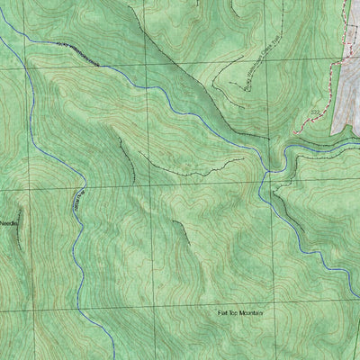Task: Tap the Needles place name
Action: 8,222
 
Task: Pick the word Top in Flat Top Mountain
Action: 235,312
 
